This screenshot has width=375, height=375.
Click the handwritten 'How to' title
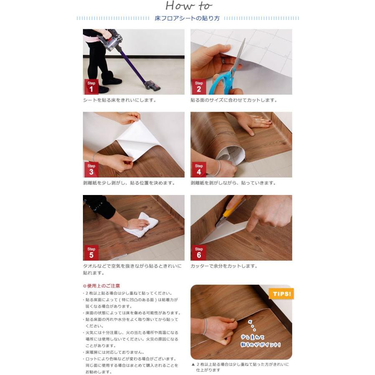189,6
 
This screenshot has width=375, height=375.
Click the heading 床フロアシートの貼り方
187,18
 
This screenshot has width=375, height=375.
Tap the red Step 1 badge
91,87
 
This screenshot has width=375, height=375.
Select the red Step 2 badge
199,87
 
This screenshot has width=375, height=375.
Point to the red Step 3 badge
91,169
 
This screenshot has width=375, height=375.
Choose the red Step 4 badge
199,169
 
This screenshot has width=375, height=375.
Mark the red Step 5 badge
91,252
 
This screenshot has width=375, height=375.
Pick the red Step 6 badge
199,252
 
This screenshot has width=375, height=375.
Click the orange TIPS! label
282,294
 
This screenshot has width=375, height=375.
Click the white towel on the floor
141,225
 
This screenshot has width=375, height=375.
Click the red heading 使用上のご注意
101,286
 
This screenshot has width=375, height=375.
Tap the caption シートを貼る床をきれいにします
119,100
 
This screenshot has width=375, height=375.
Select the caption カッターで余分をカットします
224,266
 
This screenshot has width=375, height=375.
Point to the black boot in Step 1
111,78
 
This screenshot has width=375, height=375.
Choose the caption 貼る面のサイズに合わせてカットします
234,100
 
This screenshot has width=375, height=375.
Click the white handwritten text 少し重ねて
252,337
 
